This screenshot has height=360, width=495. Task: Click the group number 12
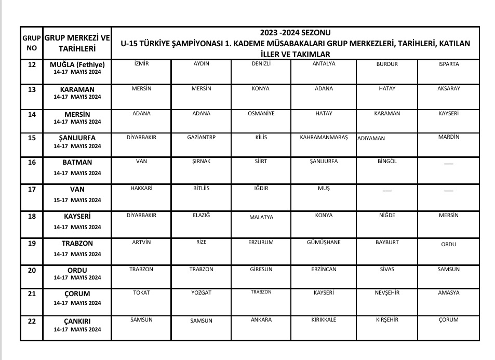pos(32,65)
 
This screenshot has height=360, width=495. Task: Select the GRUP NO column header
pos(32,43)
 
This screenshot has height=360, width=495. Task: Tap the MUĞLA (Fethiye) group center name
pos(77,65)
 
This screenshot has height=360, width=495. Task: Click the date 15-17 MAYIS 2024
pos(77,201)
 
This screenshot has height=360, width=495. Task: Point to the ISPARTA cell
pos(448,64)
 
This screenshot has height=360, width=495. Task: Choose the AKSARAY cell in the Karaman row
pos(448,89)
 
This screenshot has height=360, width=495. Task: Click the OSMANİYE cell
pos(261,114)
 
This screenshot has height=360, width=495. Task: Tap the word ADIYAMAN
pos(371,139)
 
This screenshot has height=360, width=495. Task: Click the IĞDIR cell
pos(261,189)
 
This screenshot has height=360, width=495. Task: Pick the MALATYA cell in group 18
pos(261,218)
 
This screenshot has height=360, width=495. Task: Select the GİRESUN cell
pos(261,270)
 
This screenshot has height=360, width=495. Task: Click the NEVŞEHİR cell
pos(387,293)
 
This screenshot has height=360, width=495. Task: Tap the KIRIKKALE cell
pos(324,320)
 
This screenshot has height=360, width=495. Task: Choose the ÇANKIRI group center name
pos(77,322)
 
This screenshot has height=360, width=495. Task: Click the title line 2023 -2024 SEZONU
pos(295,33)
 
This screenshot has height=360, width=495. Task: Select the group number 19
pos(32,243)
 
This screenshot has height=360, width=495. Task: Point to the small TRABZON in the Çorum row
pos(261,292)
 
